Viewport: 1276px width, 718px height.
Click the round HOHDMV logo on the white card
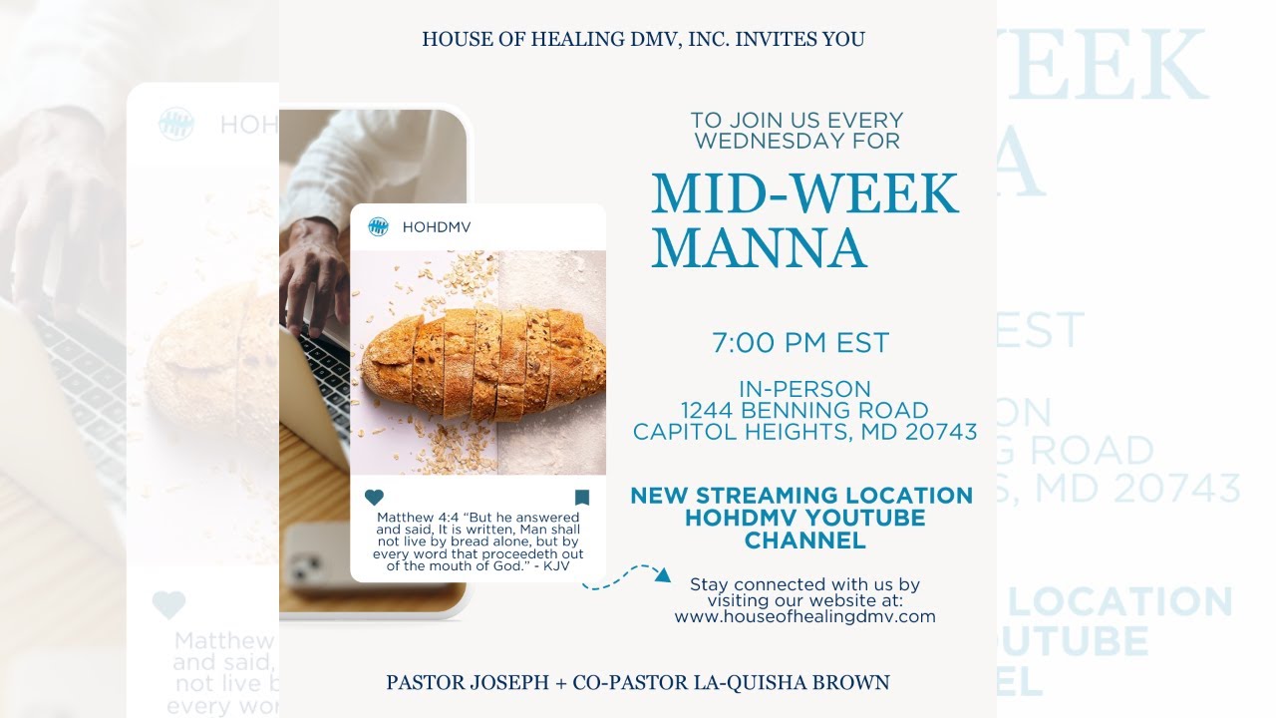pos(378,226)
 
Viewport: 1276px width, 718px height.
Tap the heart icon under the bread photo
pos(374,498)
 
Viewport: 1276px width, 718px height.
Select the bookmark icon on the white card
pos(582,498)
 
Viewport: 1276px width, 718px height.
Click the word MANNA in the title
pos(759,248)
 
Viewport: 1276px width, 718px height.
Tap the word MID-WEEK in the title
pos(804,194)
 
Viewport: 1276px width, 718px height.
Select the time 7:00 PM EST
pos(799,343)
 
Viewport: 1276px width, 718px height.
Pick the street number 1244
pos(708,410)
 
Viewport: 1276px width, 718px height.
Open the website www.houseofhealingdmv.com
pos(804,616)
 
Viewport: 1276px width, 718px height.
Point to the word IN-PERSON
pos(804,389)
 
